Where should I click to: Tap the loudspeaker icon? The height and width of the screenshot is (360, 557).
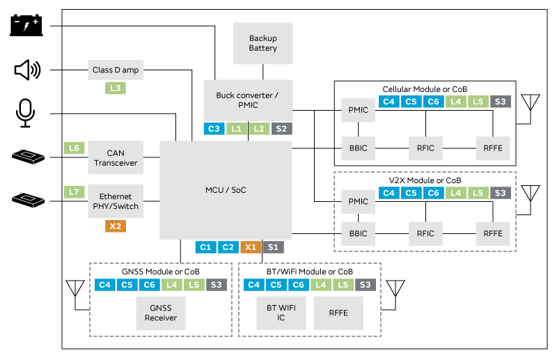click(x=27, y=70)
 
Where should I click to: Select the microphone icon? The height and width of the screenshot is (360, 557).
click(x=26, y=113)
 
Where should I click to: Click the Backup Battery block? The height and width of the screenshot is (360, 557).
click(x=262, y=43)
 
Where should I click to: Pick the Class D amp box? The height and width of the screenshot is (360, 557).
click(x=116, y=70)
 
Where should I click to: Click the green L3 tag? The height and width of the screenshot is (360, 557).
click(x=116, y=88)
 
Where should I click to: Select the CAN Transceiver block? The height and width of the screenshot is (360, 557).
click(x=116, y=157)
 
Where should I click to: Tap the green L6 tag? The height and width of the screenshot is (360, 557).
click(x=74, y=148)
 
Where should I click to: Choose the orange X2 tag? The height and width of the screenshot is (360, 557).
click(x=116, y=226)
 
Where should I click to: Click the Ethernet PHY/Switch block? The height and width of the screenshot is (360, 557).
click(x=116, y=201)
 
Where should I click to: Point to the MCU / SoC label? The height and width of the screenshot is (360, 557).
click(x=226, y=190)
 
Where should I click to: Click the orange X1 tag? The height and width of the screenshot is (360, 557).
click(x=251, y=246)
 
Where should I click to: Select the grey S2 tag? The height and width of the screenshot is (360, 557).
click(x=281, y=129)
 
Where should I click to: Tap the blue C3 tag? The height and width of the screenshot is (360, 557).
click(x=214, y=129)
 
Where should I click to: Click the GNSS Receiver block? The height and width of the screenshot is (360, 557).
click(x=161, y=313)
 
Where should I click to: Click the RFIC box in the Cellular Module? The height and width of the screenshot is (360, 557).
click(x=425, y=148)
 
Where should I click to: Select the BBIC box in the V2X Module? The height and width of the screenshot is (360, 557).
click(x=359, y=233)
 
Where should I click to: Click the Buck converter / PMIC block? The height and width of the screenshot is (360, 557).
click(x=248, y=100)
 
